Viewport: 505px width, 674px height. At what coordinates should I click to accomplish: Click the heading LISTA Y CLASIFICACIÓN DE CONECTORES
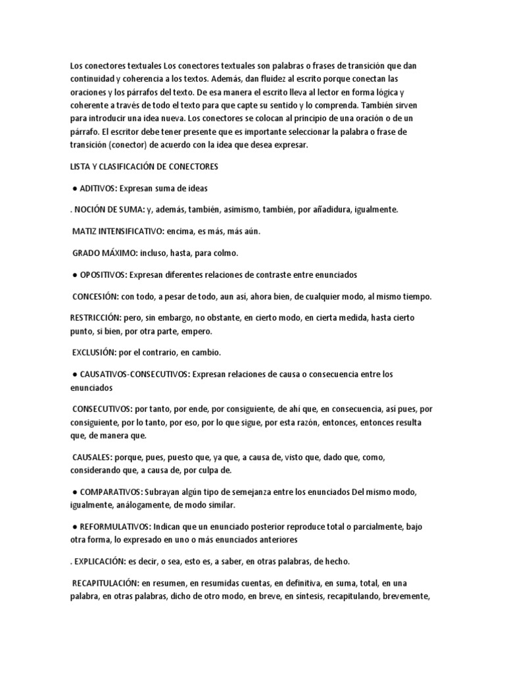(x=144, y=167)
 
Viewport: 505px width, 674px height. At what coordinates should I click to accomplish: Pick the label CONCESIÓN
(x=95, y=296)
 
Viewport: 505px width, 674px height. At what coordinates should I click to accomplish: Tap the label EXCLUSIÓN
(x=93, y=352)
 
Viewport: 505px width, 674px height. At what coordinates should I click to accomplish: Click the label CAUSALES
(x=92, y=456)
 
